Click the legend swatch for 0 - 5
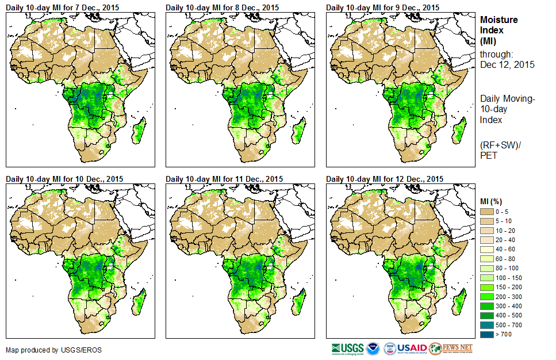click(486, 212)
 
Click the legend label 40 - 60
click(505, 249)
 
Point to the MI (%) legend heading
click(492, 201)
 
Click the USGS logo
click(347, 348)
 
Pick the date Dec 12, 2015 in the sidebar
click(507, 64)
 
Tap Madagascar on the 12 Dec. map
click(458, 304)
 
